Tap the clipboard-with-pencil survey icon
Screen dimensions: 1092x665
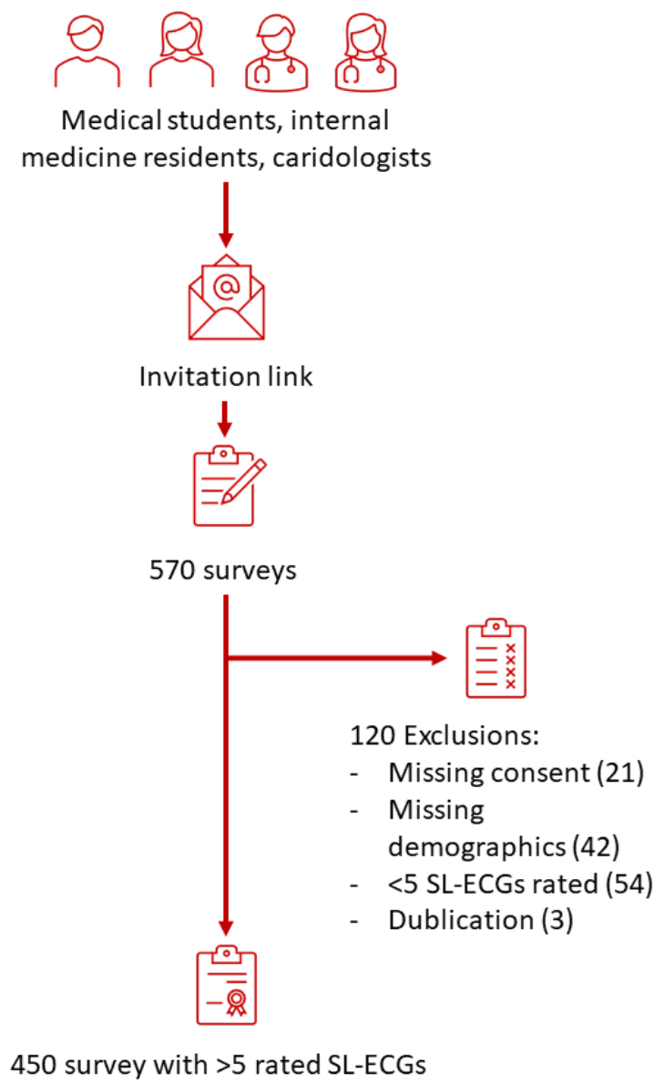click(x=227, y=485)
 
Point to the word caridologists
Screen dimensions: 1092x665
click(x=358, y=157)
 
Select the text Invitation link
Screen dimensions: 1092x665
click(x=226, y=377)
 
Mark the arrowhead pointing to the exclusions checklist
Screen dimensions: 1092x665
click(x=440, y=658)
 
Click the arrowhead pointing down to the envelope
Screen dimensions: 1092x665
click(x=226, y=239)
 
